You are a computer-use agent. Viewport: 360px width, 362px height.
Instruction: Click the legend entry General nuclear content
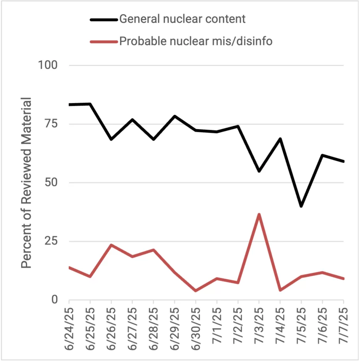coord(182,19)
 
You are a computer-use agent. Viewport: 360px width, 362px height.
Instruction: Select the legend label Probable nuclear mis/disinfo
coord(196,41)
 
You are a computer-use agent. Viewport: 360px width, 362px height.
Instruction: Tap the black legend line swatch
coord(103,19)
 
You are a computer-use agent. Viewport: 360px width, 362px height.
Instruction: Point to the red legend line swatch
coord(103,42)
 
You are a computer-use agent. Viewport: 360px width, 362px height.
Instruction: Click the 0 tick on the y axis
coord(54,300)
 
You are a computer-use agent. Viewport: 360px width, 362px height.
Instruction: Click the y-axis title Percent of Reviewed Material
coord(26,182)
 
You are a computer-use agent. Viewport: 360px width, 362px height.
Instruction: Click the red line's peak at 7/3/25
coord(259,214)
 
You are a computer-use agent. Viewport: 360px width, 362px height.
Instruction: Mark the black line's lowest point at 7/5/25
coord(301,206)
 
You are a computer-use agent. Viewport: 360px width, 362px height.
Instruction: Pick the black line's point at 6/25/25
coord(90,104)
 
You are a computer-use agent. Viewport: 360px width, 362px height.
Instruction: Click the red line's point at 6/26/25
coord(111,245)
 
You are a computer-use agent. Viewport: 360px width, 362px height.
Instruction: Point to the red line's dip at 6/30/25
coord(195,291)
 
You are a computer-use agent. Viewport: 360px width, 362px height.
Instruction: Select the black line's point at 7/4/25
coord(280,139)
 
